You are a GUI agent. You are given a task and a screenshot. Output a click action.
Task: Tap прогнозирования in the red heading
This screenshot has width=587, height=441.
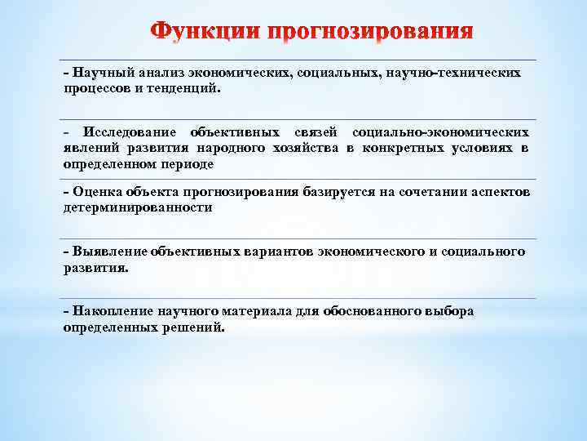click(x=372, y=33)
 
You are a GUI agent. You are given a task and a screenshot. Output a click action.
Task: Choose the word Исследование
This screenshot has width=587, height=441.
click(x=131, y=133)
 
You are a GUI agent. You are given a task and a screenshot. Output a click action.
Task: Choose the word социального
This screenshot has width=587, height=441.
click(x=482, y=252)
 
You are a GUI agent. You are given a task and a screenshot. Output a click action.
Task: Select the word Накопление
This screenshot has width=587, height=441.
click(x=111, y=312)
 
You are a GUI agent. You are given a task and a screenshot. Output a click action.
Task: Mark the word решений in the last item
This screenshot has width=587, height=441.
click(x=192, y=327)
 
